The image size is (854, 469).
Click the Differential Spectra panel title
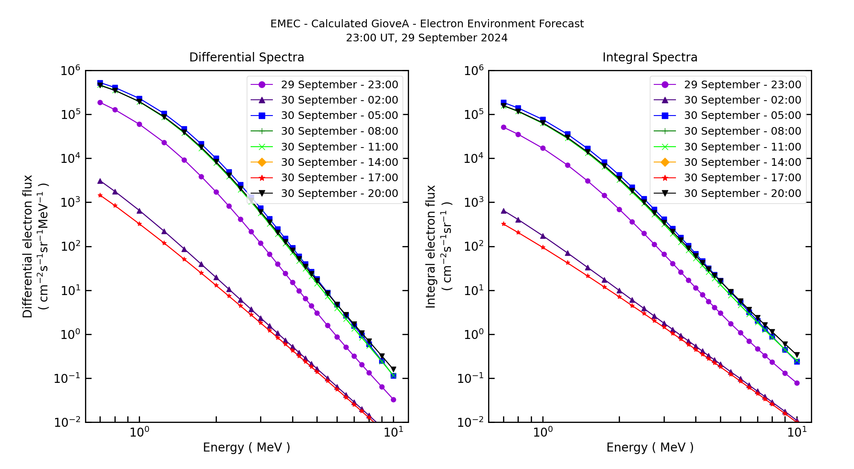click(246, 57)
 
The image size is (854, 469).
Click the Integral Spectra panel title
click(649, 57)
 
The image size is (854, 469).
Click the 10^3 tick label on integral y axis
click(474, 203)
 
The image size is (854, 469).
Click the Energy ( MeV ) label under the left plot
click(246, 447)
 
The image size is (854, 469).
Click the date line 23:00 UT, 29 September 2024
click(427, 38)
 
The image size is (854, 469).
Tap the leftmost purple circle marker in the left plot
click(100, 102)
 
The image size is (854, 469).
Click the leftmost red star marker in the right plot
click(503, 224)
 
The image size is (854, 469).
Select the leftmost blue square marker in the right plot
click(503, 102)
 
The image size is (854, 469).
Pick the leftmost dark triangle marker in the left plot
click(100, 181)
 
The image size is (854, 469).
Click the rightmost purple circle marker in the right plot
click(797, 383)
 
